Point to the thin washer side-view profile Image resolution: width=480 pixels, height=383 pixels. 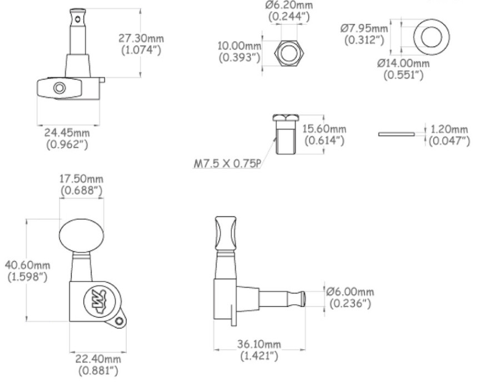click(396, 134)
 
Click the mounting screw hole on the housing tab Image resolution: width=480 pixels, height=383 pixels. click(119, 320)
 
